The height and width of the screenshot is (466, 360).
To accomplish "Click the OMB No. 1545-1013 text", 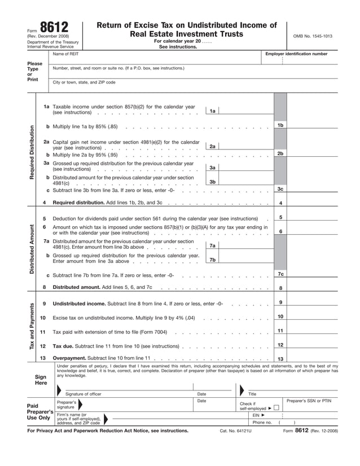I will click(x=312, y=36).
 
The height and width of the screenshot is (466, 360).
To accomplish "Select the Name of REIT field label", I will click(x=65, y=54).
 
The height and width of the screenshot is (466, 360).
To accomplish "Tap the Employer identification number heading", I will click(x=296, y=54).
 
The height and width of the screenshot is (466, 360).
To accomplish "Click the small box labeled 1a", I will click(x=212, y=111).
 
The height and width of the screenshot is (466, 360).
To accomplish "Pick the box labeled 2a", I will click(x=212, y=147).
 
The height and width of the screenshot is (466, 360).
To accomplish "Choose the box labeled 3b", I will click(x=212, y=182).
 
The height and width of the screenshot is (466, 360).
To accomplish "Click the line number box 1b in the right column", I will click(x=280, y=125).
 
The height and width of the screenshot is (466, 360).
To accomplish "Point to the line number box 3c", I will click(x=280, y=189).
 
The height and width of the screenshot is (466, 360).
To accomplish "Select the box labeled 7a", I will click(x=212, y=245).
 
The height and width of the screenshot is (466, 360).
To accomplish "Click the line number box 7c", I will click(x=280, y=274).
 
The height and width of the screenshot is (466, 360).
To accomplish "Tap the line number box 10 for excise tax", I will click(x=280, y=317).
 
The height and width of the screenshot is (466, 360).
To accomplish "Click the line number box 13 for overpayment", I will click(x=280, y=359).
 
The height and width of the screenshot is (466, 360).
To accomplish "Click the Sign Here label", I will click(x=41, y=379).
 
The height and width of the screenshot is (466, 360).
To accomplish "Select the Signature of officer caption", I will click(x=84, y=394).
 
